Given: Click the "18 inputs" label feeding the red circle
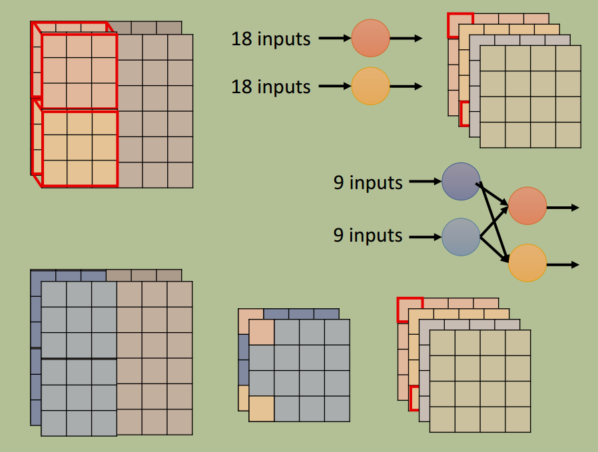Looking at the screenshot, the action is tap(271, 39).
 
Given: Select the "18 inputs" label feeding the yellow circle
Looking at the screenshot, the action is tap(271, 87).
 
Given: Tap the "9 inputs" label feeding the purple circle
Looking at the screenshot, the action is tap(368, 182).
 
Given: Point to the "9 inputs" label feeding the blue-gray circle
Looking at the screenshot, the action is tap(368, 235).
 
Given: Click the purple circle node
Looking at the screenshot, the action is tap(461, 182).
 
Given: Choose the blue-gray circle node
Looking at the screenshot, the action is tap(461, 237).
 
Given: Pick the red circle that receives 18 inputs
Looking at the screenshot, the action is tap(370, 38).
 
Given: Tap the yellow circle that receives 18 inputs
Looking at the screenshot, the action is tap(370, 86).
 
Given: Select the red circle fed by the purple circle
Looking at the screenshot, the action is tap(527, 206).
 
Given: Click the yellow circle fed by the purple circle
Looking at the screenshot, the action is tap(527, 263).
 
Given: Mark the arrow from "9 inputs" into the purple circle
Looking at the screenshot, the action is tap(426, 182).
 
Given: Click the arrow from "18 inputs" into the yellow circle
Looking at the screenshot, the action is tap(335, 86).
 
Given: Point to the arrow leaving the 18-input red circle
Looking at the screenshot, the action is tap(406, 38).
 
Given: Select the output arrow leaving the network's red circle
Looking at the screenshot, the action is tap(563, 208).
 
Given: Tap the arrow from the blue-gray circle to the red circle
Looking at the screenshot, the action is tap(494, 222).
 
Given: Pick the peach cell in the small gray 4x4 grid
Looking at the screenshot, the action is tap(261, 332).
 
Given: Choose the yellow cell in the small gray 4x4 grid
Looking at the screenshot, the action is tap(261, 409).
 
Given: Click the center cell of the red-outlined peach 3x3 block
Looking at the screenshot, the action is tap(79, 71).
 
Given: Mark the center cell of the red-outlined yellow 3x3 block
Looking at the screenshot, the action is tap(79, 148).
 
